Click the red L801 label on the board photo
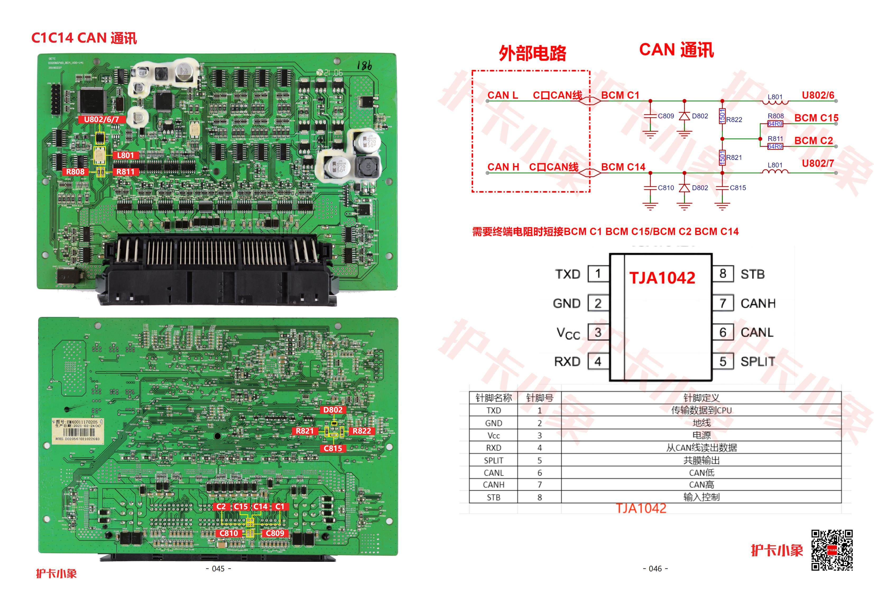126,155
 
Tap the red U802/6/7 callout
101,119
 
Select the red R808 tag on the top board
76,172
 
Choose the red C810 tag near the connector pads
229,533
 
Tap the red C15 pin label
241,507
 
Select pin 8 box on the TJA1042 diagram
723,274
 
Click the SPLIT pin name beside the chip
757,362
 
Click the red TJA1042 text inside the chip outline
662,278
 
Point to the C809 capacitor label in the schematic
666,116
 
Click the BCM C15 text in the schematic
816,118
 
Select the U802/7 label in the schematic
818,164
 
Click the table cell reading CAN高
701,485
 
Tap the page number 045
219,569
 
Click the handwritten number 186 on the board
364,66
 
